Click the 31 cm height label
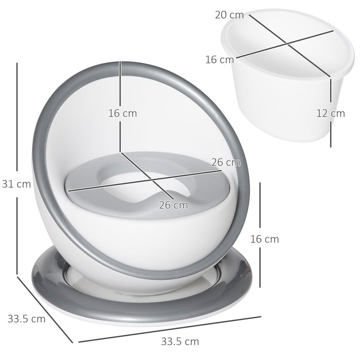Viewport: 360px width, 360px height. tap(16, 184)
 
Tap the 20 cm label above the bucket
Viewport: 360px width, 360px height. tap(229, 15)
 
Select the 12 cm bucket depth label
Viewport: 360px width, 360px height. tap(330, 113)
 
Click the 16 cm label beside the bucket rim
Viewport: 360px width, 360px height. tap(220, 60)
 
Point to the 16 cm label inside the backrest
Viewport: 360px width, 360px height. tap(122, 113)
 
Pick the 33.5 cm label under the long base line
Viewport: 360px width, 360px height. tap(180, 341)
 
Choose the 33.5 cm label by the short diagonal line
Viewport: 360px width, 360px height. tap(26, 318)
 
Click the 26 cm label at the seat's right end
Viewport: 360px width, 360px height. tap(226, 163)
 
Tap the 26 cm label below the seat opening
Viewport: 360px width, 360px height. tap(173, 205)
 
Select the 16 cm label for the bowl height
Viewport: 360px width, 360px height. tap(264, 239)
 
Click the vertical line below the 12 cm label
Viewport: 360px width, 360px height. tap(330, 134)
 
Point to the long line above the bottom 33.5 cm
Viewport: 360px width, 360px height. tap(170, 328)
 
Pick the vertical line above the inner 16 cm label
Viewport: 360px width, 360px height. tap(120, 82)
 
